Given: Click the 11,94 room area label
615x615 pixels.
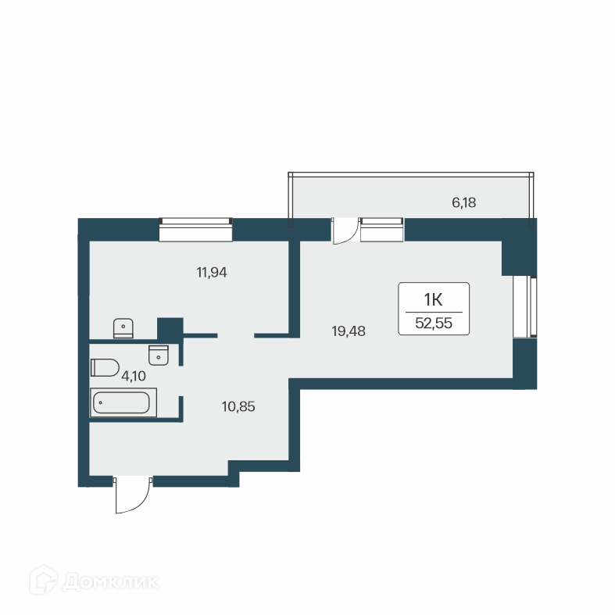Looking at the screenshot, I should tap(216, 273).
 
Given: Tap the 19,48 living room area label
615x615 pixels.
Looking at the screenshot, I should tap(349, 331).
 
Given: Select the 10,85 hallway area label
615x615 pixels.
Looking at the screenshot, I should tap(238, 406).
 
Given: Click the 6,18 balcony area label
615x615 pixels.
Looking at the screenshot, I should tap(463, 202).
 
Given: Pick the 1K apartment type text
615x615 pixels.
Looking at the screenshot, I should tap(434, 299).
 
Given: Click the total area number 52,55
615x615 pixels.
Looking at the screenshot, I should tap(434, 322).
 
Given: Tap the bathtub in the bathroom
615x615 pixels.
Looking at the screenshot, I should tap(123, 403).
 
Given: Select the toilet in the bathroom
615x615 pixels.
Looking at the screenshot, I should tap(104, 367).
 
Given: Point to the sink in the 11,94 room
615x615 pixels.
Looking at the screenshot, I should tap(123, 327).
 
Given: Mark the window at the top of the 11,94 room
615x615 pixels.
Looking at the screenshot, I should tap(195, 230).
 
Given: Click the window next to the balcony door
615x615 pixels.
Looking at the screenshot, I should tap(382, 230).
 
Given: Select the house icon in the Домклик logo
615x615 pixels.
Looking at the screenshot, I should tap(42, 581).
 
